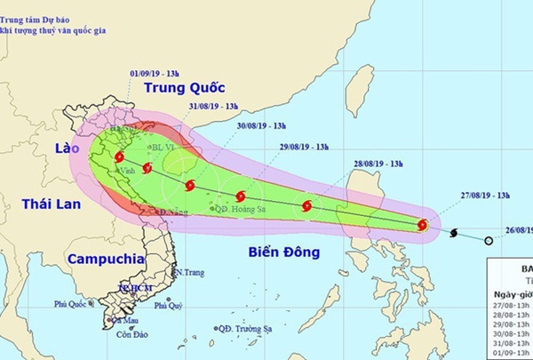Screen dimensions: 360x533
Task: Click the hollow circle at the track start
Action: click(x=489, y=240)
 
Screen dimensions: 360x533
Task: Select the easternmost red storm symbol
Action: click(x=423, y=225)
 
